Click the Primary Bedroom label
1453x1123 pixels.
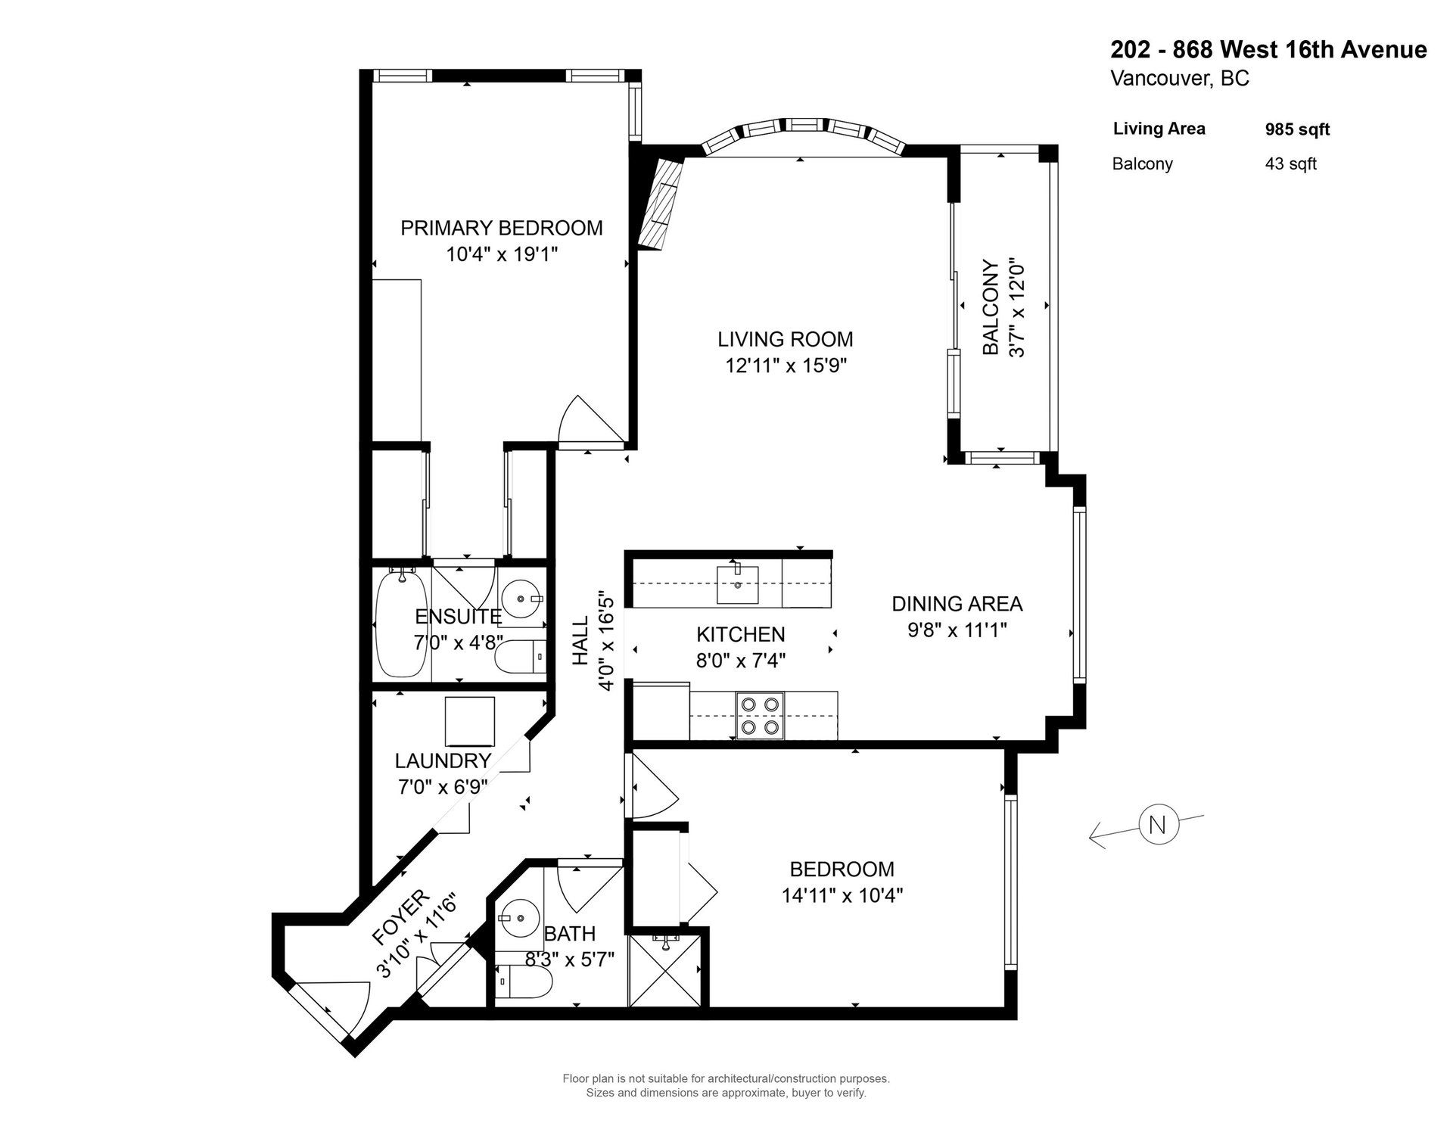pyautogui.click(x=502, y=228)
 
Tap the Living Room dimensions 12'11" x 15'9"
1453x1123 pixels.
pyautogui.click(x=786, y=366)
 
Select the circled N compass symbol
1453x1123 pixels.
pyautogui.click(x=1157, y=823)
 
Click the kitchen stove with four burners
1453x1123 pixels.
pyautogui.click(x=760, y=715)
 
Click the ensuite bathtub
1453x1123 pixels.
pyautogui.click(x=401, y=624)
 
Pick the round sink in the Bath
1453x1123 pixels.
pyautogui.click(x=518, y=919)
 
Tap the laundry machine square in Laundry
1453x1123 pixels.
pyautogui.click(x=469, y=721)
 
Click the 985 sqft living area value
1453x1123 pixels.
pyautogui.click(x=1297, y=129)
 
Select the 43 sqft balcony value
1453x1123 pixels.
pyautogui.click(x=1290, y=163)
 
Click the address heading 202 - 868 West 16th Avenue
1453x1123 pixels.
pyautogui.click(x=1268, y=50)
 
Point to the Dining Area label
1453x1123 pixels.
pyautogui.click(x=957, y=604)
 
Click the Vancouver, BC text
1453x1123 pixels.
pyautogui.click(x=1180, y=79)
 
